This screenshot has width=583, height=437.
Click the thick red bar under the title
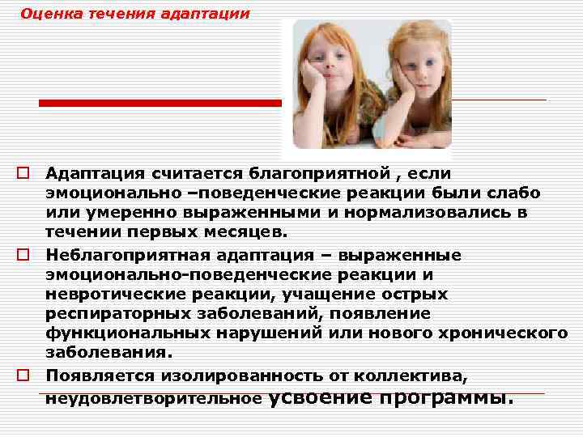coord(162,103)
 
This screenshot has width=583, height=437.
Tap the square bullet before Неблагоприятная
coord(23,256)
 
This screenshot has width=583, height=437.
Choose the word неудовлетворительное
coord(154,399)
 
